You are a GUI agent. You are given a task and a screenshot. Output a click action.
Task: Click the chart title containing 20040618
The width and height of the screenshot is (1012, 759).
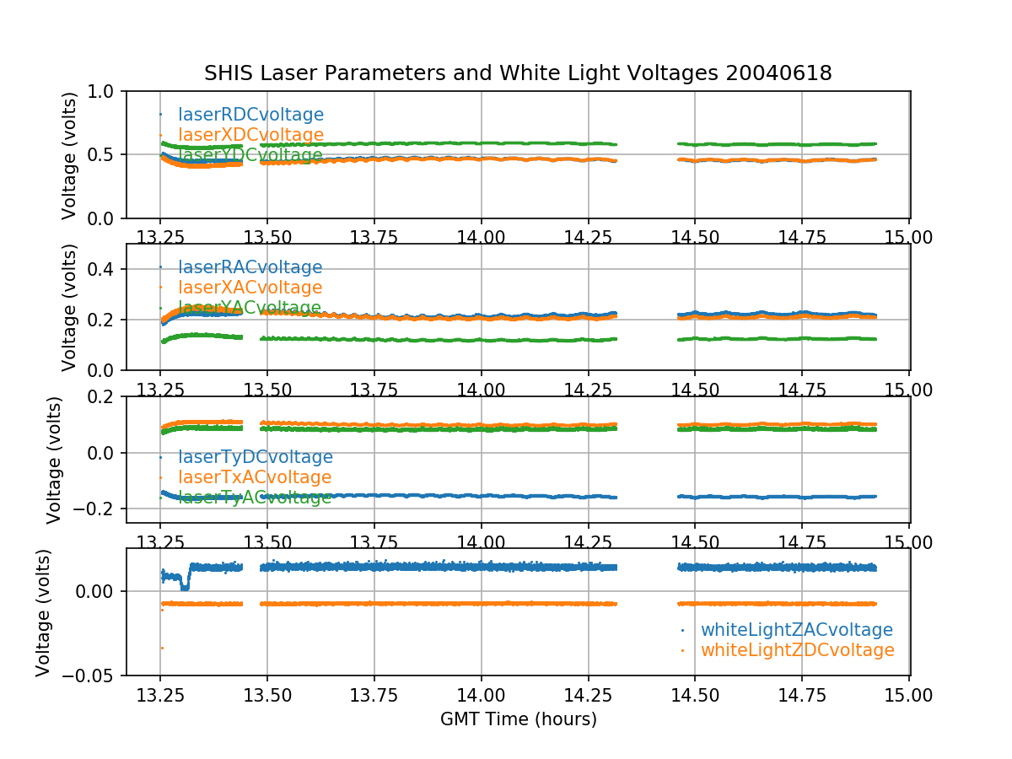518,73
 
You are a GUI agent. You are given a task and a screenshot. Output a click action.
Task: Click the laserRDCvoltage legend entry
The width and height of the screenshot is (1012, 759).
250,115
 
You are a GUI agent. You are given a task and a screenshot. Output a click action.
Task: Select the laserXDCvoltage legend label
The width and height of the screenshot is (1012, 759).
250,135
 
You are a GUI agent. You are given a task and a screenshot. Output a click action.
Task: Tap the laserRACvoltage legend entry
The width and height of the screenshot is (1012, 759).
250,267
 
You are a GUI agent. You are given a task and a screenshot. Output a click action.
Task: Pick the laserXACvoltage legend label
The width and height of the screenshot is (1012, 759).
250,288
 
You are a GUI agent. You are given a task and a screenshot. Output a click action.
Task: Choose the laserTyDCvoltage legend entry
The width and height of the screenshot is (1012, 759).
255,457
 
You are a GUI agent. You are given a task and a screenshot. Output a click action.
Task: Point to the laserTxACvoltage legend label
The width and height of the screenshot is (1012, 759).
255,477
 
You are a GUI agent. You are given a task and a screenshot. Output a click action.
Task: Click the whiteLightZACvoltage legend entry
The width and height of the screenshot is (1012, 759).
796,630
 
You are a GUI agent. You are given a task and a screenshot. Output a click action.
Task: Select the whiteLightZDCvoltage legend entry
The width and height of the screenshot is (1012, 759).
797,650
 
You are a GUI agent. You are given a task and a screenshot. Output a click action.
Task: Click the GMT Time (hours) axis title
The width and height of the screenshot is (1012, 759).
518,719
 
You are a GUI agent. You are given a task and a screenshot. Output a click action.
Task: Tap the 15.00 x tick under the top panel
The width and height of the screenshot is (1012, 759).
908,237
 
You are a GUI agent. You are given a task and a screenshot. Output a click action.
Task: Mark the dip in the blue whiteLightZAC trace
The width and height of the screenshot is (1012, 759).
185,586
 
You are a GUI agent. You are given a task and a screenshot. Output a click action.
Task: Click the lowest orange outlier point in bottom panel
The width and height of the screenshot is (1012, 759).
162,648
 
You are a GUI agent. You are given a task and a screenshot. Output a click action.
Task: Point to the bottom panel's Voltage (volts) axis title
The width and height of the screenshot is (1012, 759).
43,612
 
